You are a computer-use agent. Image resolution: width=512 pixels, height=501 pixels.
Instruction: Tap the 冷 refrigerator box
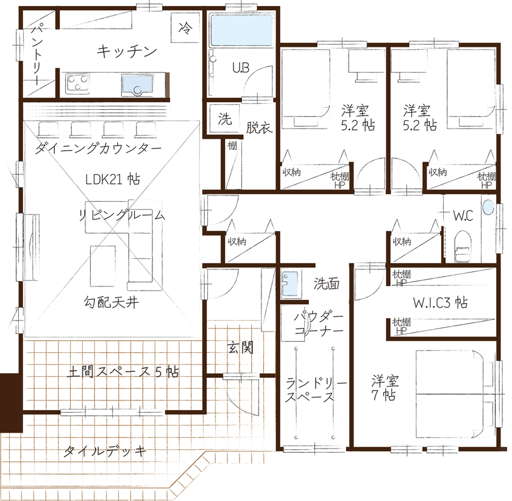(x=185, y=27)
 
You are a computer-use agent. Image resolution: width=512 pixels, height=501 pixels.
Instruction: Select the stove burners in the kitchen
(x=77, y=83)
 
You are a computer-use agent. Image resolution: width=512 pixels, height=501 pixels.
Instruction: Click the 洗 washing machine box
(x=224, y=119)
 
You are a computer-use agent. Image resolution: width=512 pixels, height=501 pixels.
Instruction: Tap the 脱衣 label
(x=258, y=128)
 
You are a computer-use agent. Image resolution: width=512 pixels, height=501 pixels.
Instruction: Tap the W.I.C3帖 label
(x=440, y=302)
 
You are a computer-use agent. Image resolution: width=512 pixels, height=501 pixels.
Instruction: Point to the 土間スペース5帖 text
(x=122, y=372)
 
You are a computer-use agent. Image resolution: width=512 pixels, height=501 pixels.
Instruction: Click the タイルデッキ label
(x=105, y=452)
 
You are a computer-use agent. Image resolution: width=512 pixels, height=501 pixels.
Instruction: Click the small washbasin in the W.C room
(x=488, y=207)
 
